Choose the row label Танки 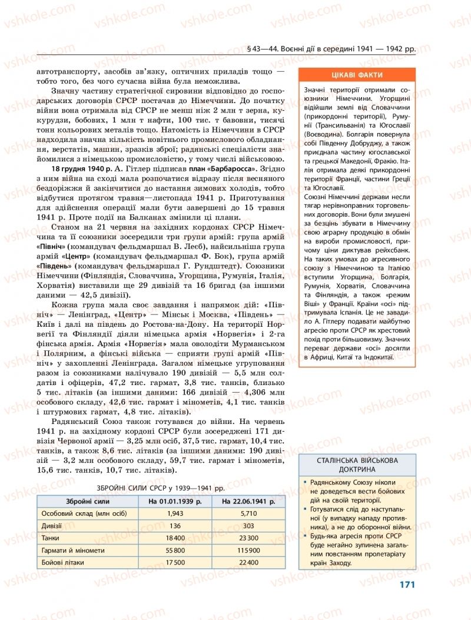(50, 538)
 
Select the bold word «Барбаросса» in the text (232, 169)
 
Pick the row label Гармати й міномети (73, 551)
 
